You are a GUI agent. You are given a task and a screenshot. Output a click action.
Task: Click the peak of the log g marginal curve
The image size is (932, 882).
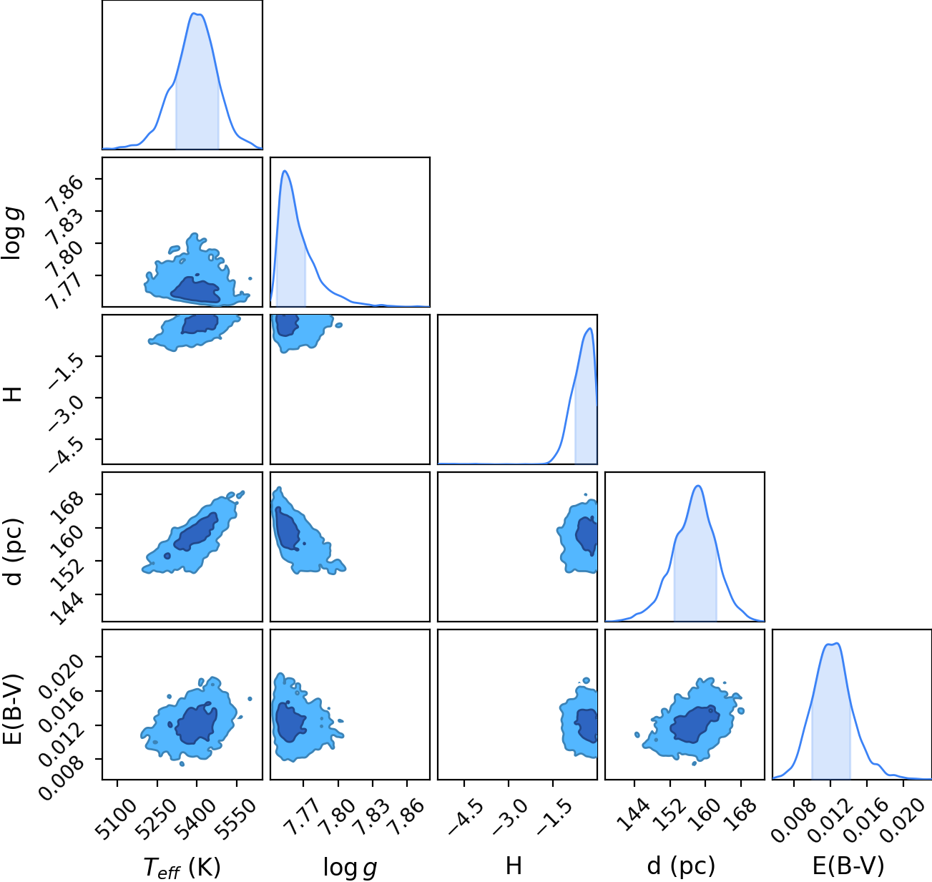(x=285, y=171)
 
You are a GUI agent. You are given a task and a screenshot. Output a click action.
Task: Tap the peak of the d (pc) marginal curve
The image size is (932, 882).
(x=698, y=486)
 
